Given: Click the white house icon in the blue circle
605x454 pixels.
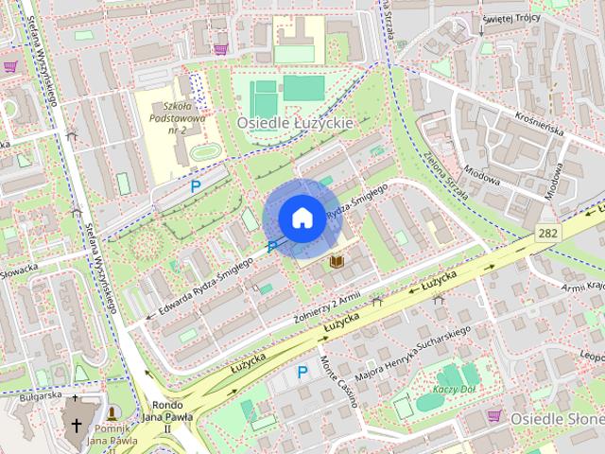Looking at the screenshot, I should [301, 218].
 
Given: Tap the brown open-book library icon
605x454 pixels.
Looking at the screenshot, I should [336, 260].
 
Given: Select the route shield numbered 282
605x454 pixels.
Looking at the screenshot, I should [548, 232].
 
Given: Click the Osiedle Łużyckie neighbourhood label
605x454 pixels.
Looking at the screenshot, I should [295, 123].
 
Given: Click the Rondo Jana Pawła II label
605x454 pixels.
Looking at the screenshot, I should [167, 411].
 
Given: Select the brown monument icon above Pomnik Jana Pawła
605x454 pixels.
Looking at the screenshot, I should [112, 413].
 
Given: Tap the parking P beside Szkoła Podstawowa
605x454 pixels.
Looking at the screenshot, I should [195, 186].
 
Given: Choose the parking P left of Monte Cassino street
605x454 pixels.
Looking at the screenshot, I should [302, 372].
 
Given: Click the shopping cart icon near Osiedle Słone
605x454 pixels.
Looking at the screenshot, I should [493, 415].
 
